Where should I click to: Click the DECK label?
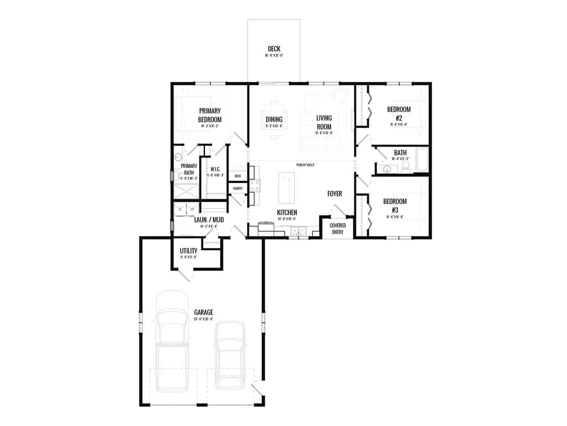[274, 49]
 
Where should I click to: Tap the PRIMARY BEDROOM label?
[210, 115]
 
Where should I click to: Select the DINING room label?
[274, 119]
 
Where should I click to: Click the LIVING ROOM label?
[324, 122]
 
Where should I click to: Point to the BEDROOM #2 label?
[399, 113]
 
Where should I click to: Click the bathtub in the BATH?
[422, 160]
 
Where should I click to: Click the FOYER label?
[334, 194]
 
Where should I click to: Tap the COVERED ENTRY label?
[338, 229]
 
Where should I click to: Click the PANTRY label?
[238, 189]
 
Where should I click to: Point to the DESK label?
[238, 176]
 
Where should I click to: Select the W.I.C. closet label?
[215, 170]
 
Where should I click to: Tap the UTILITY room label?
[188, 251]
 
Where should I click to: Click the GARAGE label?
[203, 312]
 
